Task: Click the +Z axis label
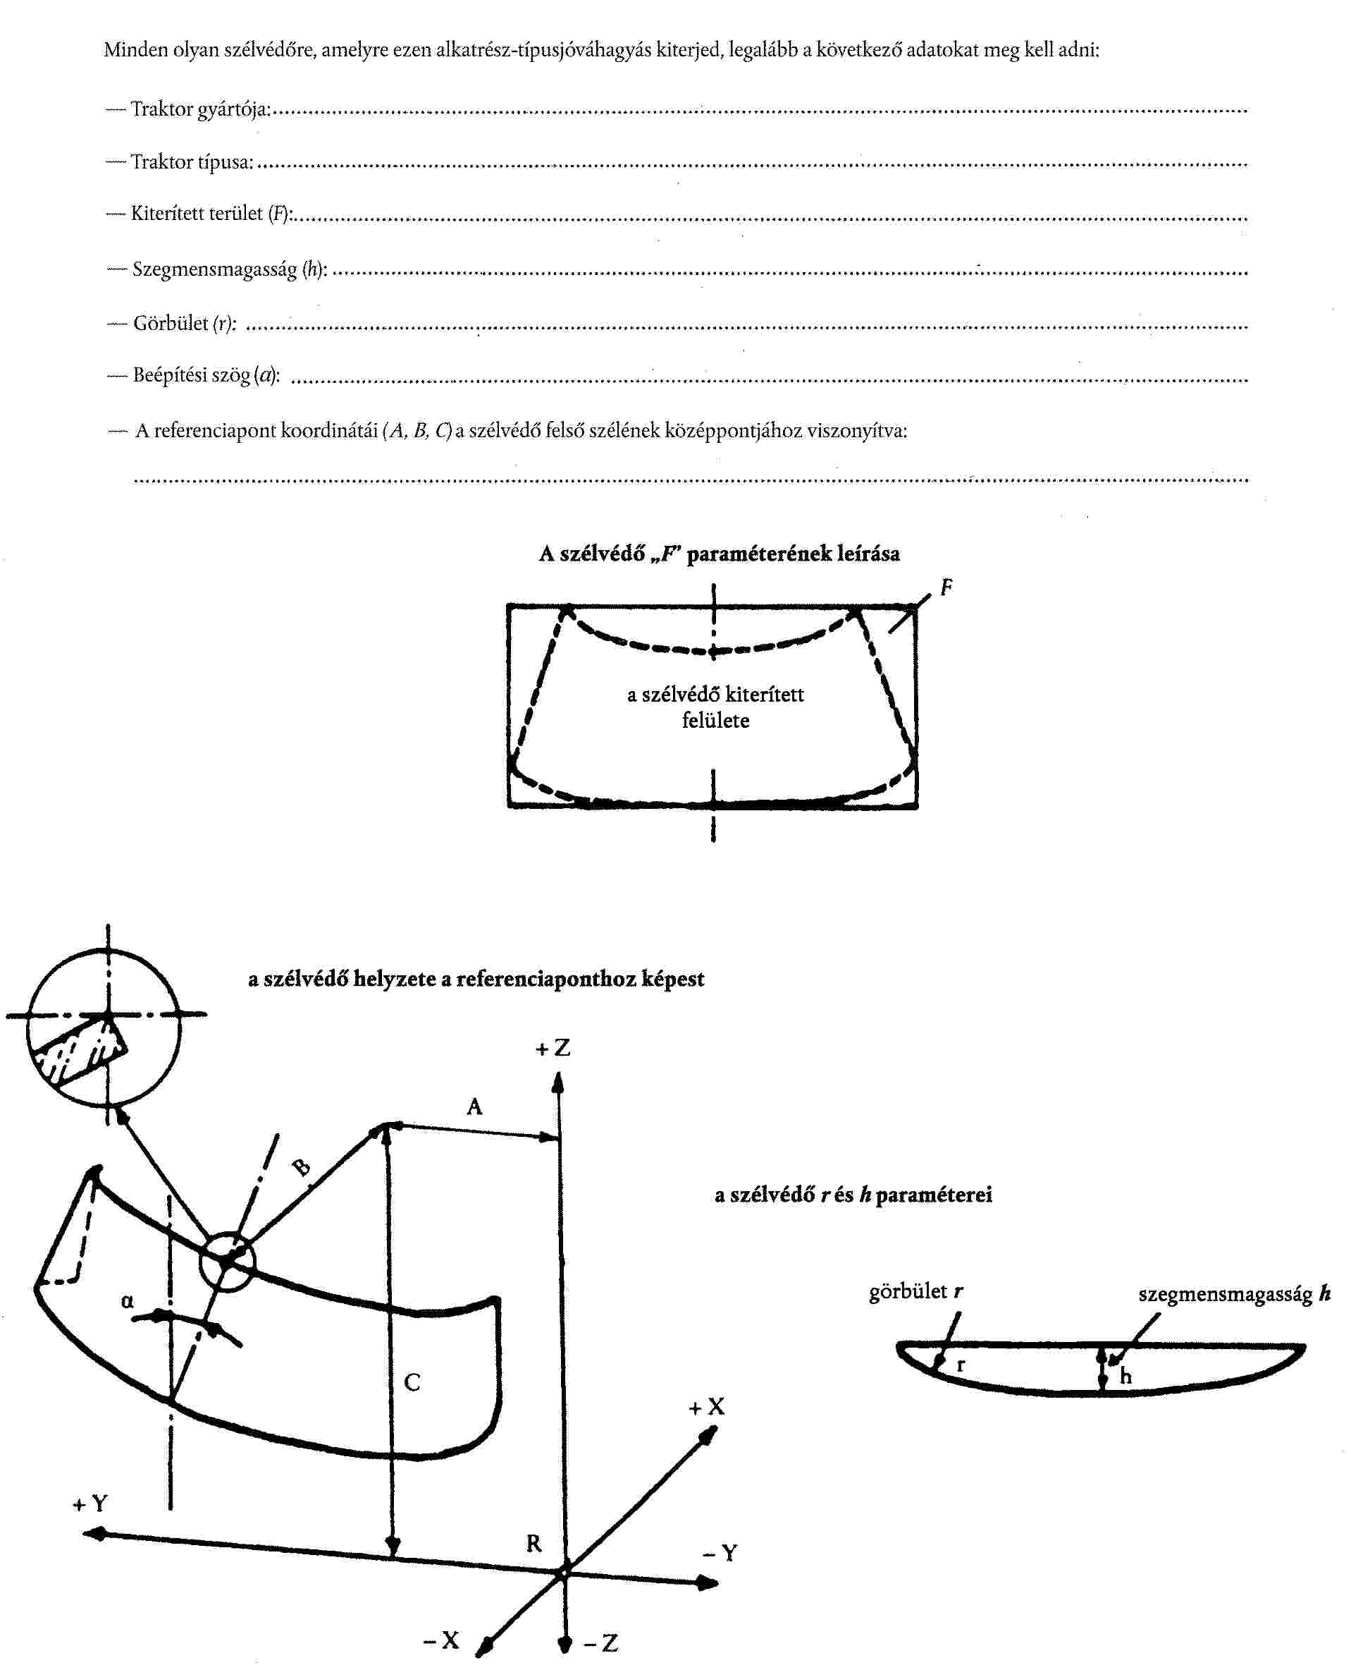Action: click(x=553, y=1048)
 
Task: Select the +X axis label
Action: click(x=706, y=1407)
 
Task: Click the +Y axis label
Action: click(x=90, y=1504)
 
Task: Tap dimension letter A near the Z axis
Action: click(x=474, y=1106)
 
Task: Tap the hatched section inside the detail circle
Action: click(x=78, y=1051)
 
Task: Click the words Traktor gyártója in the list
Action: click(x=200, y=109)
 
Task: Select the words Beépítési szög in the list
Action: click(x=192, y=375)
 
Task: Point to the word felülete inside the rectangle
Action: click(x=715, y=720)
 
